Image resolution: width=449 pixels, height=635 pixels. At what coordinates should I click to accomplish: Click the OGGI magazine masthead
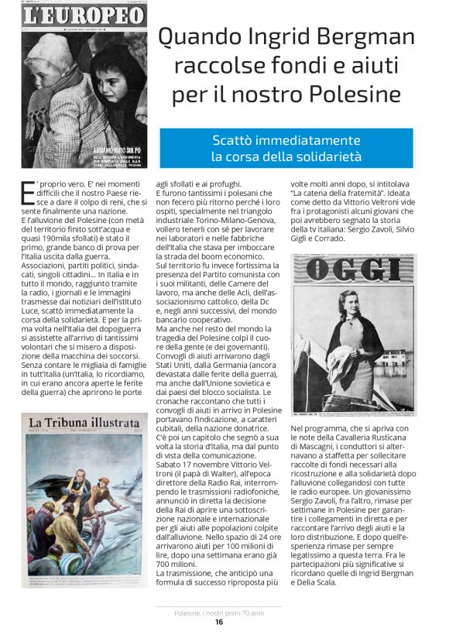tap(352, 269)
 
